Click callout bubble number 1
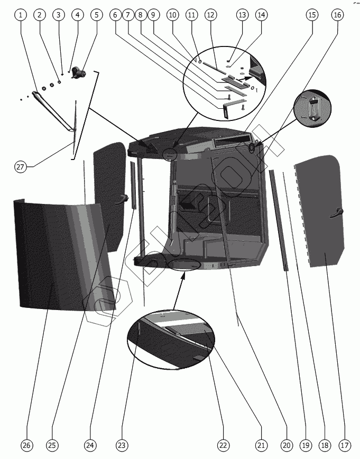(x=21, y=15)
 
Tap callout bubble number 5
(x=96, y=15)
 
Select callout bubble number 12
(x=210, y=15)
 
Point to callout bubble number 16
(x=337, y=15)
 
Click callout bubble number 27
(x=20, y=167)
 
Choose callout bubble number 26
(x=27, y=445)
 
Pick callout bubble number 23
(x=122, y=445)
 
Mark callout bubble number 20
(x=287, y=445)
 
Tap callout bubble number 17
(x=345, y=445)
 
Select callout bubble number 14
(x=261, y=15)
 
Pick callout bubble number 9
(x=153, y=15)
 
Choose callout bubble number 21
(x=261, y=445)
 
